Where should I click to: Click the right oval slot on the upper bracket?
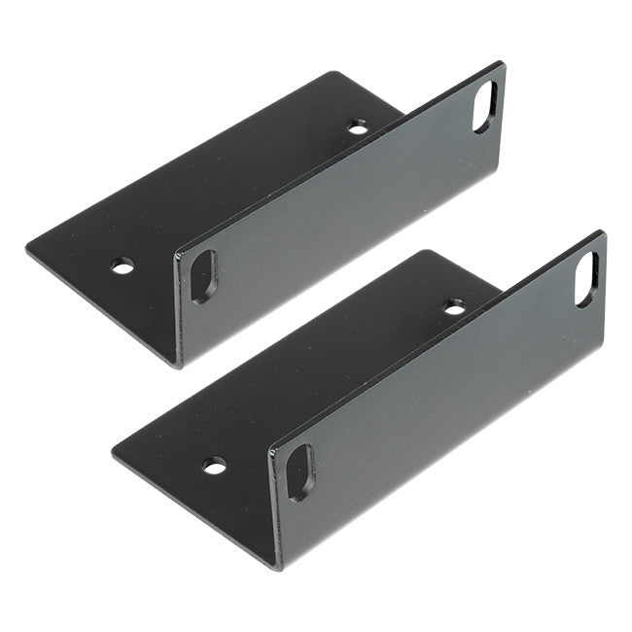point(483,106)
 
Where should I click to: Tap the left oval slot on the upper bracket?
point(203,276)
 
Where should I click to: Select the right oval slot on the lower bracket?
point(586,279)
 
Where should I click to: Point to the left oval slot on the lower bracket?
point(299,472)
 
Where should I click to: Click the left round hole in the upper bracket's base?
point(123,264)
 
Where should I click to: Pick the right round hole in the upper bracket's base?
point(359,127)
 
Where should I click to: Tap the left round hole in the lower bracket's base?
point(215,465)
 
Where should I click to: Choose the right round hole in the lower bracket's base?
point(454,308)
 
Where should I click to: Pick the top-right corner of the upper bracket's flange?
point(502,64)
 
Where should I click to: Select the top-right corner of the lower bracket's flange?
point(602,233)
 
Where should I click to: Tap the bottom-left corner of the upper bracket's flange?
point(181,364)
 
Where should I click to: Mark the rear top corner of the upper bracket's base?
point(334,73)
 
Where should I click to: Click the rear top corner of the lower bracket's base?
point(425,252)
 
